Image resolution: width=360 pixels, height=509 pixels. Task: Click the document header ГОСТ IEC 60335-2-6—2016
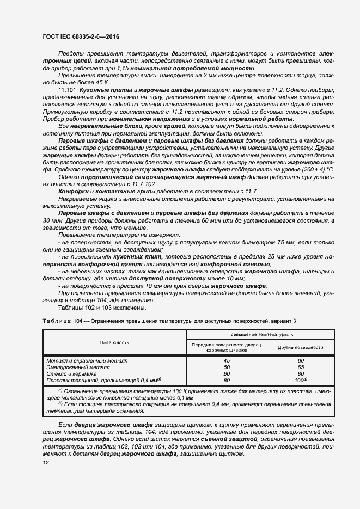pos(81,36)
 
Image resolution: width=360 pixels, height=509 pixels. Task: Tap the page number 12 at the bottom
pos(46,462)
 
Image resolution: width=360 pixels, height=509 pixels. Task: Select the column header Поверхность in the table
pos(114,342)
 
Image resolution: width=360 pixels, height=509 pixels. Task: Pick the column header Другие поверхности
pos(300,347)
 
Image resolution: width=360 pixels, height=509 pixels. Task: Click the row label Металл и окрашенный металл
pos(87,360)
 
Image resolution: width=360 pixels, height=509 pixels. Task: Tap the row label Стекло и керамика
pos(76,373)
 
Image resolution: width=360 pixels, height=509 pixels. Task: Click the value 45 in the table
pos(227,360)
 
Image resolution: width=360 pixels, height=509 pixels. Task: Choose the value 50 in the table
pos(227,367)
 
